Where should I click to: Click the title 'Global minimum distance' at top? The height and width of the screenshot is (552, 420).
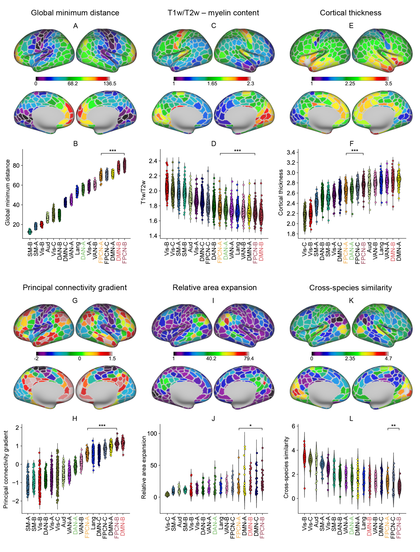coord(75,13)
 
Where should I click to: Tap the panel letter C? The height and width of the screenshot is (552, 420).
coord(214,26)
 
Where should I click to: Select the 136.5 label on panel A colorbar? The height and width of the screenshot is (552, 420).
coord(110,84)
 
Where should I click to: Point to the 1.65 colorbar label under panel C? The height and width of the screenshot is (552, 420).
coord(212,84)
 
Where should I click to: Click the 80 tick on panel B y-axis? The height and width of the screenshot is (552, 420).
coord(16,165)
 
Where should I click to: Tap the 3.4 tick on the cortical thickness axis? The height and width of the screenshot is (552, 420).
coord(291,153)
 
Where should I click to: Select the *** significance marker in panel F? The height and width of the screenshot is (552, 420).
coord(354,151)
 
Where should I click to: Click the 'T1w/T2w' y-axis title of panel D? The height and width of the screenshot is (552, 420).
coord(143,192)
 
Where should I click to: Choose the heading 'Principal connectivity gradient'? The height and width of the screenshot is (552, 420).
coord(75,288)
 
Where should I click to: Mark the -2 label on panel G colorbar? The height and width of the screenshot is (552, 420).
coord(36,359)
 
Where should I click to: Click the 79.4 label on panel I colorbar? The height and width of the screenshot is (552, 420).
coord(249,359)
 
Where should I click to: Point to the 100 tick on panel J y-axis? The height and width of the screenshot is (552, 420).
coord(152,433)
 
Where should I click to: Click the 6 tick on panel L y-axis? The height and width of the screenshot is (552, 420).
coord(293,426)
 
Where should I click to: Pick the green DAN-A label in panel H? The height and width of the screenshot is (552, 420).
coord(75,525)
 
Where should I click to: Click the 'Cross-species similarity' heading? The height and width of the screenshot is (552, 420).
coord(351,288)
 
